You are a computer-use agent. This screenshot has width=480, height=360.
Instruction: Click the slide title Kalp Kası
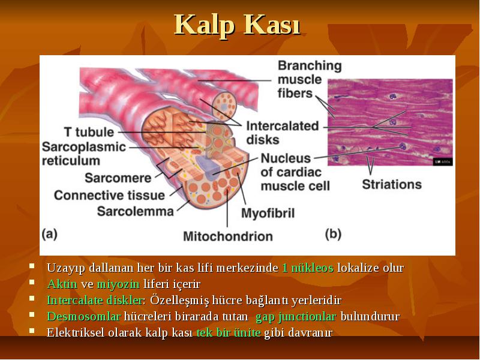[x=237, y=25]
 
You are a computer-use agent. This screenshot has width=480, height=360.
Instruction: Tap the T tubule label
[x=89, y=132]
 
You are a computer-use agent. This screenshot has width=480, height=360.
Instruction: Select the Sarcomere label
[x=118, y=178]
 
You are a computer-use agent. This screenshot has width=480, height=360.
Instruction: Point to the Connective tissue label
[x=109, y=196]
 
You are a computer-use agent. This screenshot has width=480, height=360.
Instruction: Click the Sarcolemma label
[x=136, y=211]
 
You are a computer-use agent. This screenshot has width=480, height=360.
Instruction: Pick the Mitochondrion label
[x=228, y=236]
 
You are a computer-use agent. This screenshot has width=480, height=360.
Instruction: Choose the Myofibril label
[x=268, y=213]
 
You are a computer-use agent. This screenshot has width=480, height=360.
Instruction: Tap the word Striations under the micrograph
[x=392, y=184]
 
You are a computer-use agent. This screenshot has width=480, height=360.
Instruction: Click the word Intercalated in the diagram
[x=283, y=126]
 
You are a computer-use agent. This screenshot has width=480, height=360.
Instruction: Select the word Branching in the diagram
[x=310, y=66]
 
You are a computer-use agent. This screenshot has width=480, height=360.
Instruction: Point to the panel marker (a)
[x=50, y=234]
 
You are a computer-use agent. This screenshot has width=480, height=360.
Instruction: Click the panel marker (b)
[x=333, y=234]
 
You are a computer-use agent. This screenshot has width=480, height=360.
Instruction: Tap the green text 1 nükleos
[x=308, y=268]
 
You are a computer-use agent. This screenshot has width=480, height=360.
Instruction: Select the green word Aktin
[x=62, y=284]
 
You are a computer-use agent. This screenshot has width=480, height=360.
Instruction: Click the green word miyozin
[x=118, y=284]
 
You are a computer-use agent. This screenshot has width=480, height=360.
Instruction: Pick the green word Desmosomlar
[x=84, y=316]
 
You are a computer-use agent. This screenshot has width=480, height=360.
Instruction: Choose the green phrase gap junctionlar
[x=296, y=317]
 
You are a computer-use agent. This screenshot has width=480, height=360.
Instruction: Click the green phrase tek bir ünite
[x=229, y=332]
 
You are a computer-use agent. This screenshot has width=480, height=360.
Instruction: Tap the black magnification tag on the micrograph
[x=443, y=162]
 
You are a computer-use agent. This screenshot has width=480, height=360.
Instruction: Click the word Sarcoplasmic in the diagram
[x=84, y=147]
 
